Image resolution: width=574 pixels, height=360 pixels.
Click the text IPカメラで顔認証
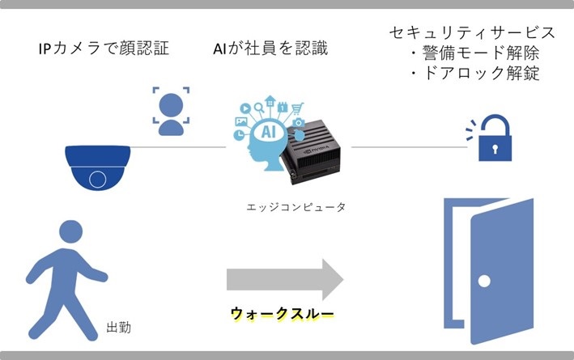coord(104,49)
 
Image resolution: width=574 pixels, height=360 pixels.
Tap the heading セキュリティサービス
coord(473,33)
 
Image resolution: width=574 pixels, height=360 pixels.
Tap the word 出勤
coord(119,328)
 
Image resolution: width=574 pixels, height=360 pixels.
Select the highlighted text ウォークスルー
coord(281,313)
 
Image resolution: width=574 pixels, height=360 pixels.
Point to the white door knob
coord(483,282)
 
